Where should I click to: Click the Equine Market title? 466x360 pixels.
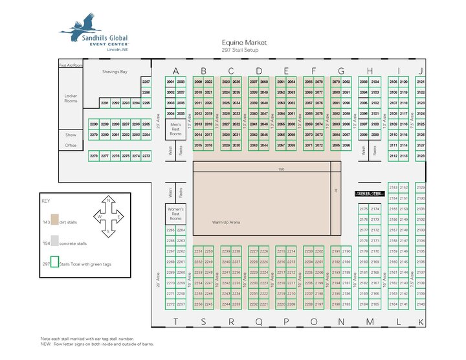pos(240,41)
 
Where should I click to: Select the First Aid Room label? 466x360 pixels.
pos(71,65)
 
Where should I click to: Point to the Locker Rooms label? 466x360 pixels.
pos(71,98)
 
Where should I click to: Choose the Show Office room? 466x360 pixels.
pos(71,141)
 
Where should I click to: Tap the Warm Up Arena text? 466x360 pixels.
pos(227,222)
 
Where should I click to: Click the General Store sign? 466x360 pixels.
pos(369,193)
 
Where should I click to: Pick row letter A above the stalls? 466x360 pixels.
pos(175,71)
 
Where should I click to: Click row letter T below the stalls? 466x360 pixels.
pos(175,321)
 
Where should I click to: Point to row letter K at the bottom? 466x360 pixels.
pos(421,322)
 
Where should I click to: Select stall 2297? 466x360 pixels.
pos(146,82)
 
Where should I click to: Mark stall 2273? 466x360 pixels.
pos(146,156)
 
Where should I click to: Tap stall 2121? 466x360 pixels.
pos(421,82)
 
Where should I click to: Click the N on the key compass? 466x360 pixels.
pos(109,199)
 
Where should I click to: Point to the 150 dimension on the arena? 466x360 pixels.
pos(280,170)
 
